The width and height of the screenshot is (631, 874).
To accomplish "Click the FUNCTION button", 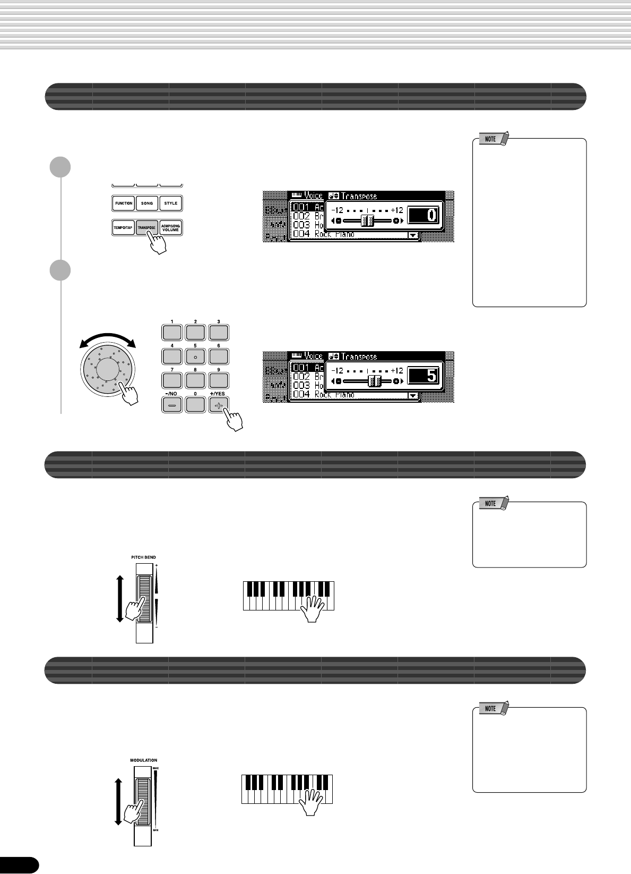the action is (124, 203).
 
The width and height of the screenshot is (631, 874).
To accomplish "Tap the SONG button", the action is (147, 203).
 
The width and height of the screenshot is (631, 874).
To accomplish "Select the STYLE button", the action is (171, 203).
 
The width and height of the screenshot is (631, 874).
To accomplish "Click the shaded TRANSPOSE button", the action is (146, 227).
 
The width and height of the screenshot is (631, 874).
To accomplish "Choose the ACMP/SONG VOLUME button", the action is (171, 227).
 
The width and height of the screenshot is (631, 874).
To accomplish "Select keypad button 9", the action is (219, 380).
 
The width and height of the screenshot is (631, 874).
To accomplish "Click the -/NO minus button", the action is (172, 404).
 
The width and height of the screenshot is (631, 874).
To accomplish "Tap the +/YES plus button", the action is (218, 404).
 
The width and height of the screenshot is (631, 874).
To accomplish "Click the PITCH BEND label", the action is (143, 557).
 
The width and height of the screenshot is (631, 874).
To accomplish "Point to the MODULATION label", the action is (143, 760).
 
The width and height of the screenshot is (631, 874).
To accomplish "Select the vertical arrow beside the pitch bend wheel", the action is (120, 598).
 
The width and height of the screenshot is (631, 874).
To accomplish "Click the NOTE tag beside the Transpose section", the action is (491, 139).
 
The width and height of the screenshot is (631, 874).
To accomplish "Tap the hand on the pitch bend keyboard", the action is (313, 608).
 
